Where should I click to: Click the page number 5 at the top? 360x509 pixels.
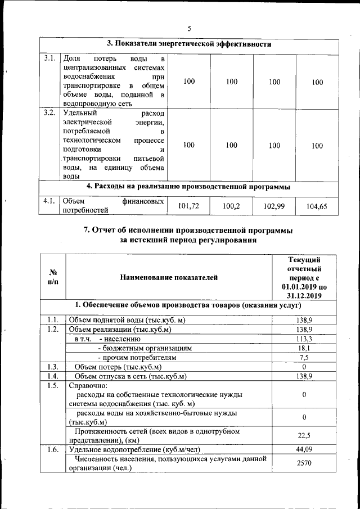point(190,28)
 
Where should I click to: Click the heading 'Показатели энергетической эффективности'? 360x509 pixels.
point(190,44)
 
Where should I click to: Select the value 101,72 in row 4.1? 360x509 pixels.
point(189,206)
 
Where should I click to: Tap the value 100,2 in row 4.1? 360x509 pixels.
point(231,206)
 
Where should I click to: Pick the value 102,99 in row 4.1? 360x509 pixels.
point(274,206)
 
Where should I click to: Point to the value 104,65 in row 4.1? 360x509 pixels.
point(317,206)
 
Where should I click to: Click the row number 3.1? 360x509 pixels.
point(49,58)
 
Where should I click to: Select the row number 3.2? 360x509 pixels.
point(49,112)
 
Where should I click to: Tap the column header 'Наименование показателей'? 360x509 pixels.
point(168,277)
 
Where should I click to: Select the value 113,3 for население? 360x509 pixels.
point(304,339)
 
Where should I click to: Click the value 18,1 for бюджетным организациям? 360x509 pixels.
point(304,348)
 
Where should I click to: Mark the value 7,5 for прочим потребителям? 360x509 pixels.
point(304,357)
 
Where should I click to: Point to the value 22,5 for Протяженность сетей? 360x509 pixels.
point(304,435)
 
